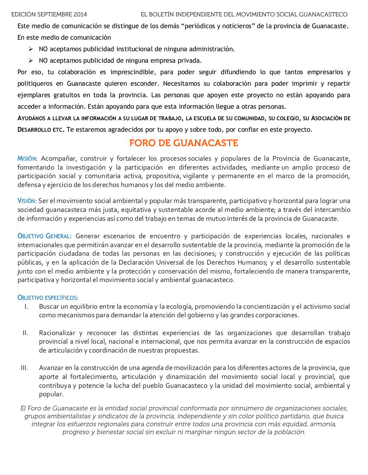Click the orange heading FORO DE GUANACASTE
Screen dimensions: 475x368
coord(184,143)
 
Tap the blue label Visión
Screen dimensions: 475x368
coord(26,201)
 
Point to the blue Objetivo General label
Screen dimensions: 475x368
coord(44,236)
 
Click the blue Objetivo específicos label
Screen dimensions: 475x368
coord(48,298)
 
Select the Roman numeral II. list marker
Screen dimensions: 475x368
coord(25,333)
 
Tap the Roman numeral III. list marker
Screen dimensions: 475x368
coord(25,368)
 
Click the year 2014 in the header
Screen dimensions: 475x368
coord(80,14)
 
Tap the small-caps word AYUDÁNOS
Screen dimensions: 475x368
coord(32,118)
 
